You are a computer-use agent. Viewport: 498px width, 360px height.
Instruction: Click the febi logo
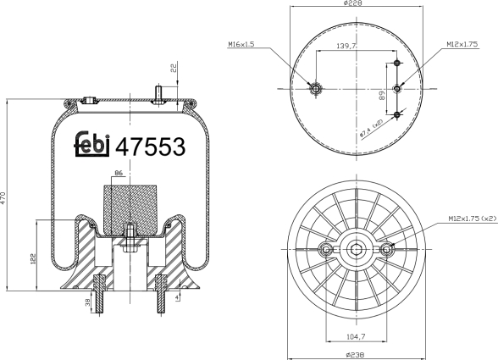click(x=92, y=144)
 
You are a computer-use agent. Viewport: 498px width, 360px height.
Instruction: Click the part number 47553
click(x=150, y=147)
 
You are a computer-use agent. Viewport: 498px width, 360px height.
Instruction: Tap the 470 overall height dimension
click(x=3, y=197)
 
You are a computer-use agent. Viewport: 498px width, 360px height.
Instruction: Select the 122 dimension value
click(x=34, y=258)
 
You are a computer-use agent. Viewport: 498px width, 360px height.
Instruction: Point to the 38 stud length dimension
click(x=88, y=302)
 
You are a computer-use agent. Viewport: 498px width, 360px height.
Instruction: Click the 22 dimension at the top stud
click(x=174, y=69)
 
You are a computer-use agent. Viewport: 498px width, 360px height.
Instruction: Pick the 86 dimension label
click(x=119, y=173)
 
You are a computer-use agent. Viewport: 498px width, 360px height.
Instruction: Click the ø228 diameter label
click(x=353, y=3)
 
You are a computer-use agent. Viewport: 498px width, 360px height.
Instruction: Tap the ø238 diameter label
click(x=355, y=354)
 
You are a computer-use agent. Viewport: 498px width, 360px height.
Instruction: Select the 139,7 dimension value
click(x=346, y=47)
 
